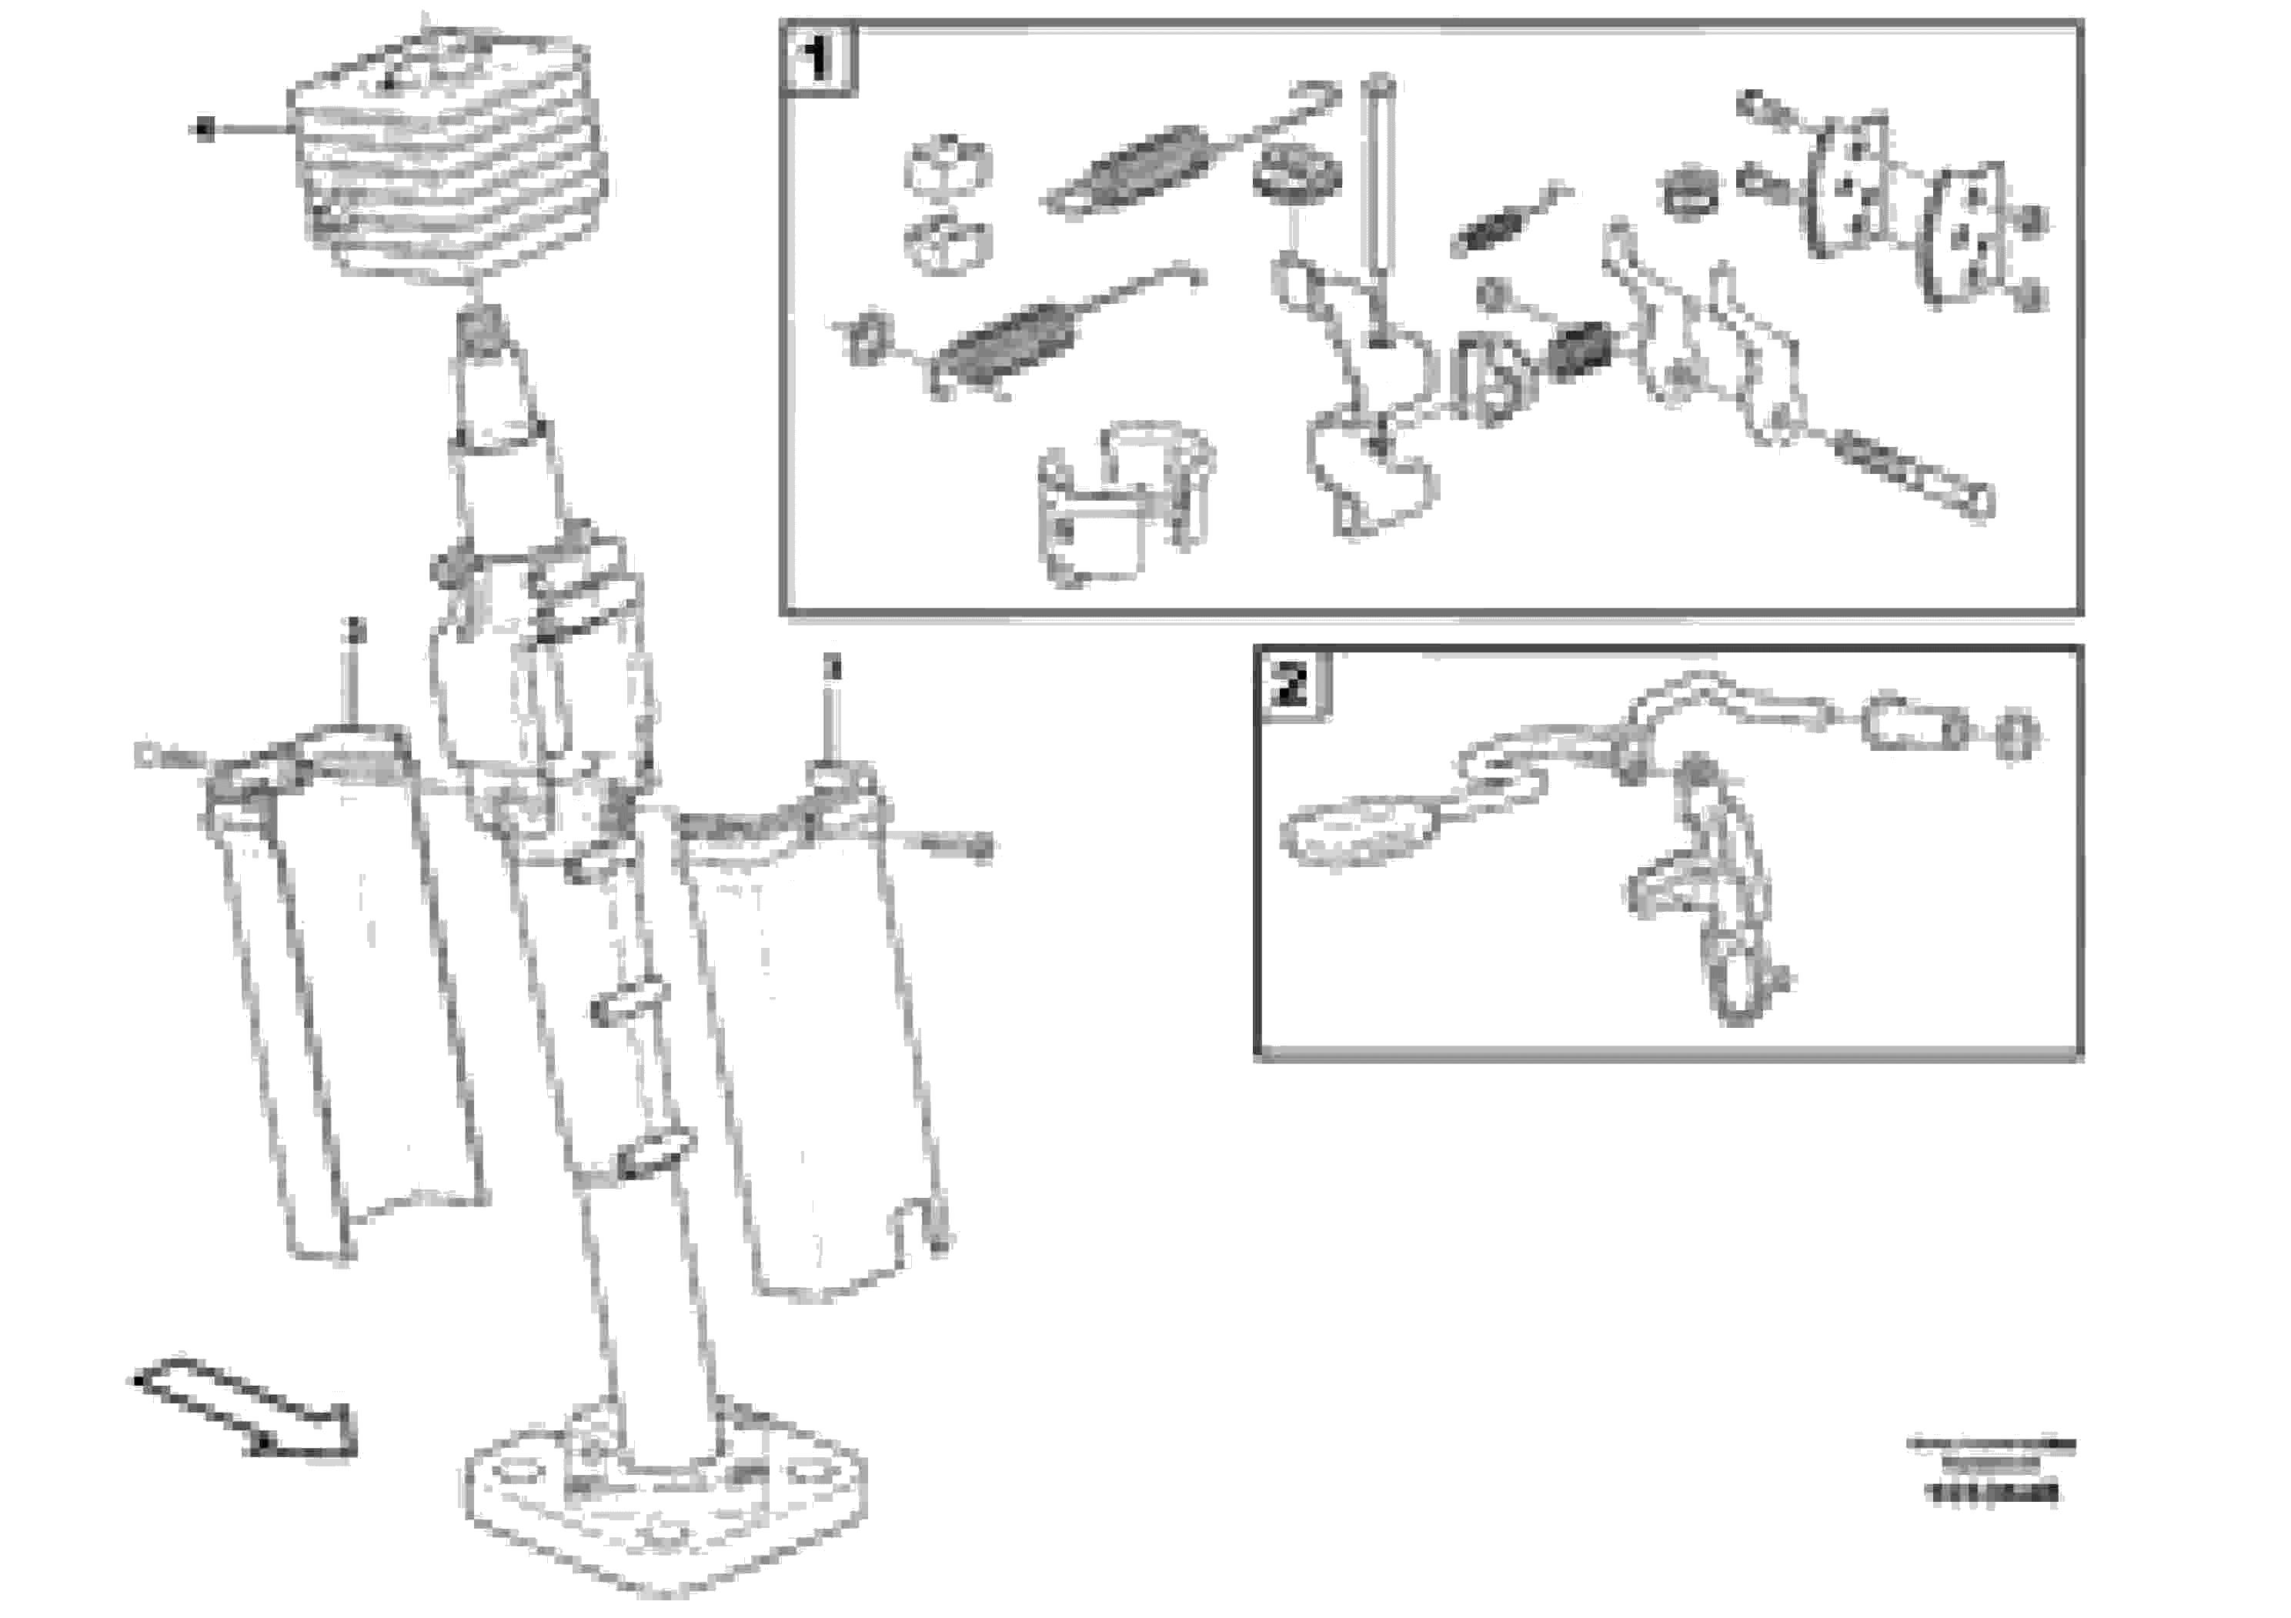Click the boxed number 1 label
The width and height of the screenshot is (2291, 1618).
coord(817,58)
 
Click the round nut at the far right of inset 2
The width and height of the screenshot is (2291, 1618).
coord(2015,736)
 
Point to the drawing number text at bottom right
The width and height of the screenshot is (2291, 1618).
coord(1991,1493)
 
